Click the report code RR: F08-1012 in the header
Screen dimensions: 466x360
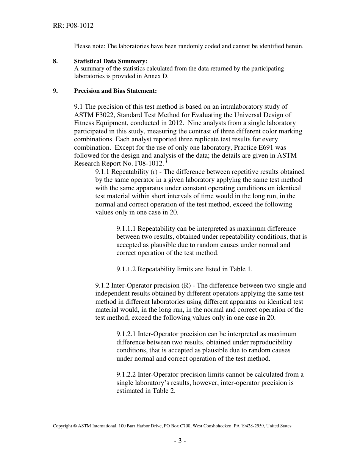[73, 26]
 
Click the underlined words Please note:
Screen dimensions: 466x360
[89, 46]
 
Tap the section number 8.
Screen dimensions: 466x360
[55, 61]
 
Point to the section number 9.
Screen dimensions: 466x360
[55, 91]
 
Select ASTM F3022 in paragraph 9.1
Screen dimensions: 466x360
[92, 115]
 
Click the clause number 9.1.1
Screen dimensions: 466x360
[103, 172]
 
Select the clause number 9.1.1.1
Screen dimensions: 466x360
[126, 228]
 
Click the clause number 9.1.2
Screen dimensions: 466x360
[103, 285]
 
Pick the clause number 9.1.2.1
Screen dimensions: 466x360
[126, 334]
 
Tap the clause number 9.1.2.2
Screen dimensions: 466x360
[126, 374]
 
